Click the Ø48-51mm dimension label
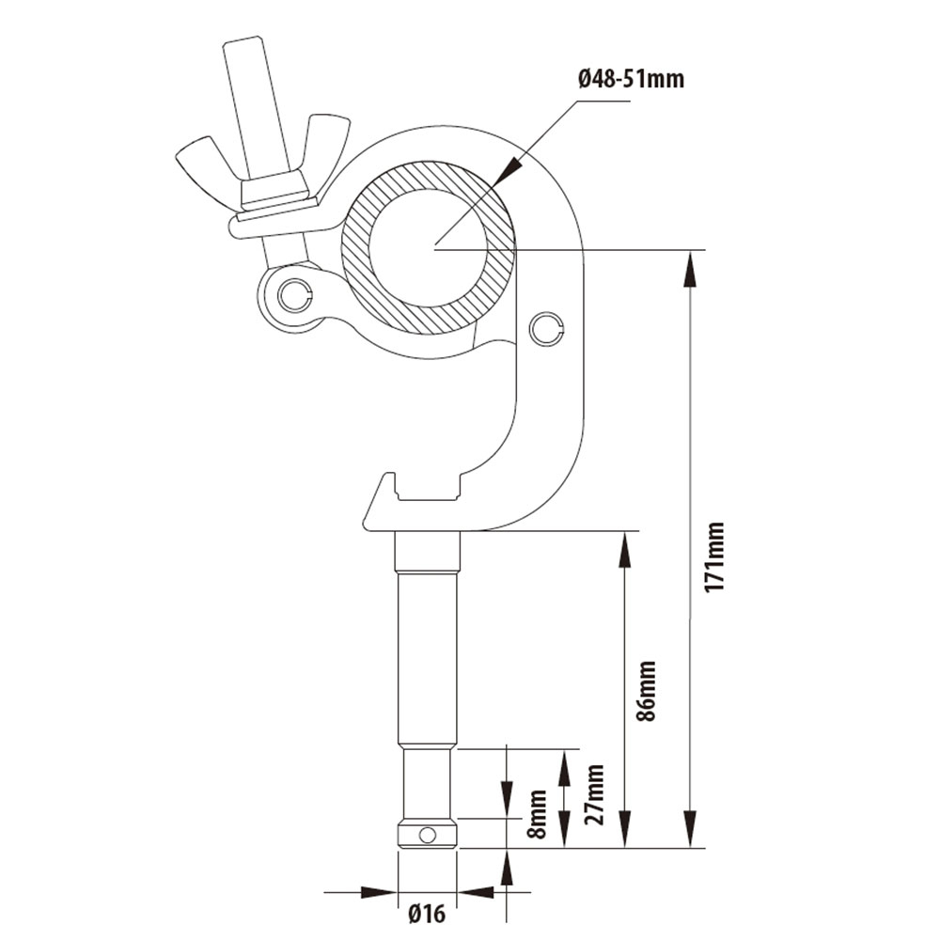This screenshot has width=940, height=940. [631, 79]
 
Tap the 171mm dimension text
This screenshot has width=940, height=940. [715, 556]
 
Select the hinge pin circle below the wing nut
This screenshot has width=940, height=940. [295, 294]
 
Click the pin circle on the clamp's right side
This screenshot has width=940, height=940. [545, 327]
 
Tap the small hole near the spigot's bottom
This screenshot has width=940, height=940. [427, 834]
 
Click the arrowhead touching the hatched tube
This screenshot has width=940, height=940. [508, 169]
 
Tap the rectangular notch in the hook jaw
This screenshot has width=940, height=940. [428, 488]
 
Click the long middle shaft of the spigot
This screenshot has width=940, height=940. [428, 658]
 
